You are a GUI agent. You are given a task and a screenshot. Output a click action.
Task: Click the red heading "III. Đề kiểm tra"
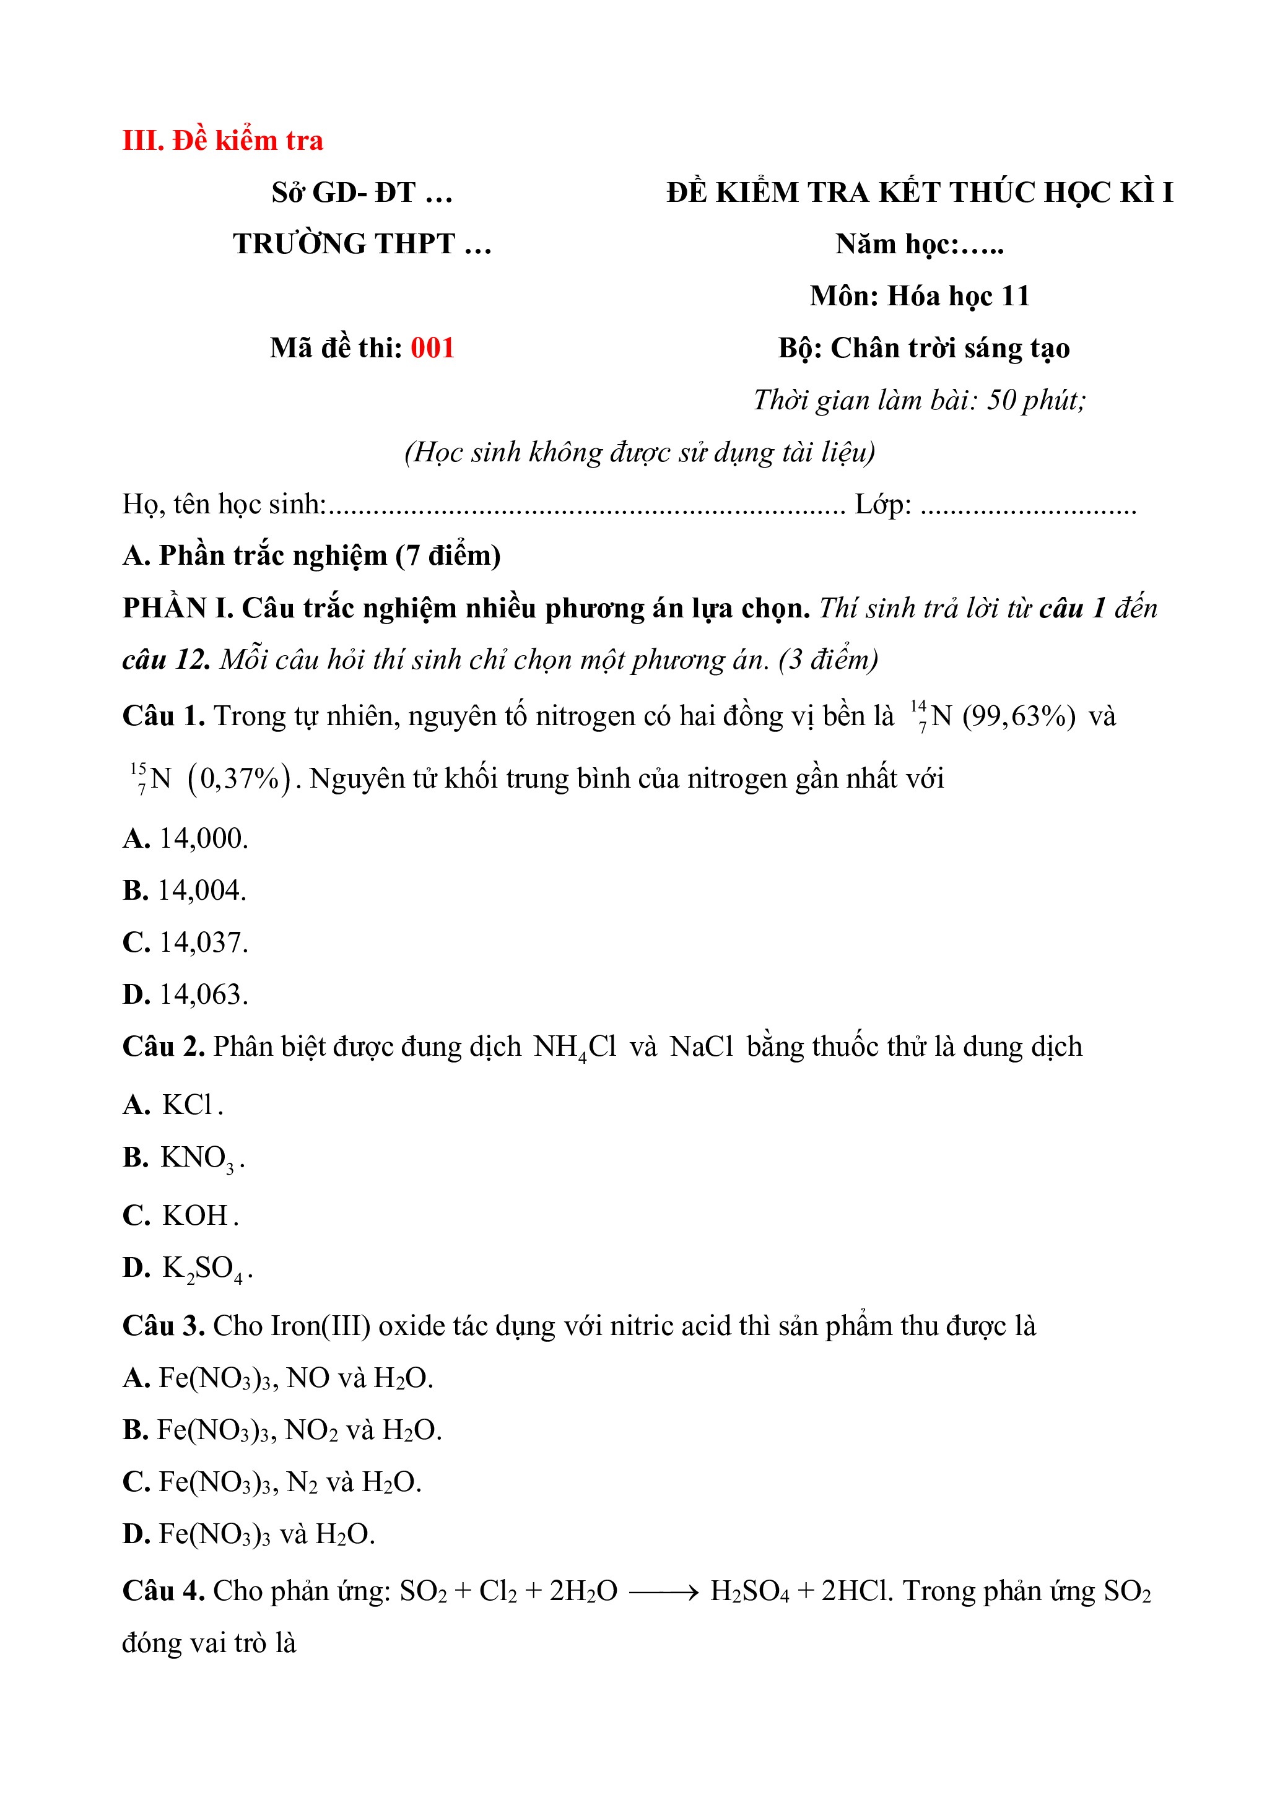pyautogui.click(x=222, y=141)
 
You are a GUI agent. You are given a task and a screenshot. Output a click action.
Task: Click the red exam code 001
pyautogui.click(x=432, y=347)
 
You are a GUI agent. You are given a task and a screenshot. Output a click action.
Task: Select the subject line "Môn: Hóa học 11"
pyautogui.click(x=919, y=295)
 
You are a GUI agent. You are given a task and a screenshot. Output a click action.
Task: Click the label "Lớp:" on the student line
pyautogui.click(x=883, y=504)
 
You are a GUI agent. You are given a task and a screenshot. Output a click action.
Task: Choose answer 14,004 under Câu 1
pyautogui.click(x=202, y=890)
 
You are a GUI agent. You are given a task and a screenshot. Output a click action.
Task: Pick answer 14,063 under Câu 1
pyautogui.click(x=203, y=994)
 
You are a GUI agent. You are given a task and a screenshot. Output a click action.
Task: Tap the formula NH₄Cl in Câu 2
pyautogui.click(x=575, y=1047)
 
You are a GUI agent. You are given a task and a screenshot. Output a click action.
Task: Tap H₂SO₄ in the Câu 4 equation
pyautogui.click(x=749, y=1591)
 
